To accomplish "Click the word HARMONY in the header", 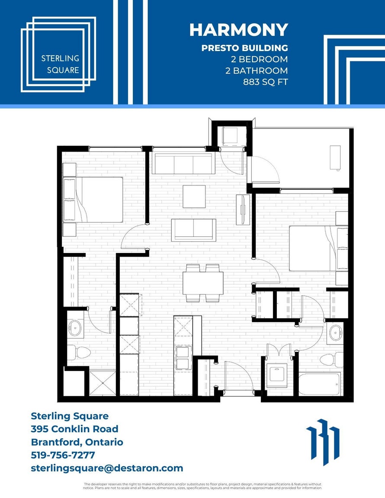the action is click(x=239, y=30).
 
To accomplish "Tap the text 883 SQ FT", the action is click(x=266, y=82).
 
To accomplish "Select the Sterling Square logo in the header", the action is click(x=58, y=54).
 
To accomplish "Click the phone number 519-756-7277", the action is click(x=63, y=455).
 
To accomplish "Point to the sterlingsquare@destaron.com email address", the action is click(x=107, y=468).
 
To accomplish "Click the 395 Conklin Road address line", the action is click(x=74, y=429).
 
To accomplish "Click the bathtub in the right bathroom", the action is click(x=320, y=384).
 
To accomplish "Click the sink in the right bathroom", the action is click(x=335, y=333).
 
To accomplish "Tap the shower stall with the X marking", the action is click(x=103, y=383).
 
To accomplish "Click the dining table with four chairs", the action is click(x=203, y=283).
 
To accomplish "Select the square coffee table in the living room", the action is click(x=194, y=197).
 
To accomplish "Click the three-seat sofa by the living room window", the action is click(x=183, y=163).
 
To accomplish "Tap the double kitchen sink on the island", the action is click(x=183, y=358).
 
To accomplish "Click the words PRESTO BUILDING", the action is click(x=245, y=48).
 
